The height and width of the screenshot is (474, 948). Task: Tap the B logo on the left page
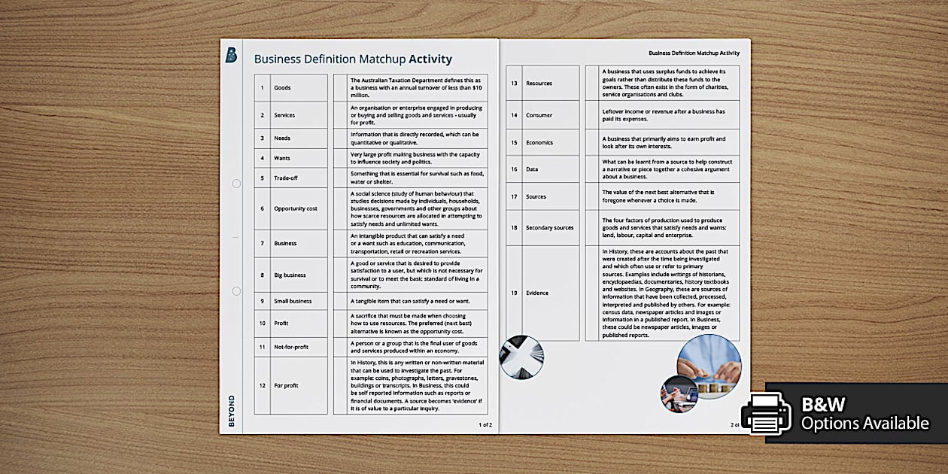tap(231, 55)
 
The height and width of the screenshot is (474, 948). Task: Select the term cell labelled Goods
tap(282, 88)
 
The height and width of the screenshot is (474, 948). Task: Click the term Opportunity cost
tap(295, 208)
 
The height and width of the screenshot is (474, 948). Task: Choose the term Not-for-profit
tap(291, 347)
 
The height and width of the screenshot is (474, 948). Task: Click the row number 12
tap(262, 385)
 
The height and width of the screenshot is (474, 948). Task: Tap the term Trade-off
tap(287, 178)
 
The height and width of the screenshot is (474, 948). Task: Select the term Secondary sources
tap(549, 228)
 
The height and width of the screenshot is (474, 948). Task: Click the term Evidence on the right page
tap(537, 293)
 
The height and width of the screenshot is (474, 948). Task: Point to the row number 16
tap(514, 169)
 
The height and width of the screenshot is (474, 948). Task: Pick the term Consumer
tap(539, 115)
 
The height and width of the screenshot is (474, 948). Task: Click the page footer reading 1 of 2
tap(485, 424)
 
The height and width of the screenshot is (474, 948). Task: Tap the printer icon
tap(765, 412)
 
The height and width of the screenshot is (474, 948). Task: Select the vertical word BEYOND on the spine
tap(231, 411)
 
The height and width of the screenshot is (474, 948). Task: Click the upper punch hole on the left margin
tap(236, 184)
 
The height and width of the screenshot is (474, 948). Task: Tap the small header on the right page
tap(694, 53)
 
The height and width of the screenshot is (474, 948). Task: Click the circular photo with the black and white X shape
tap(521, 357)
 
